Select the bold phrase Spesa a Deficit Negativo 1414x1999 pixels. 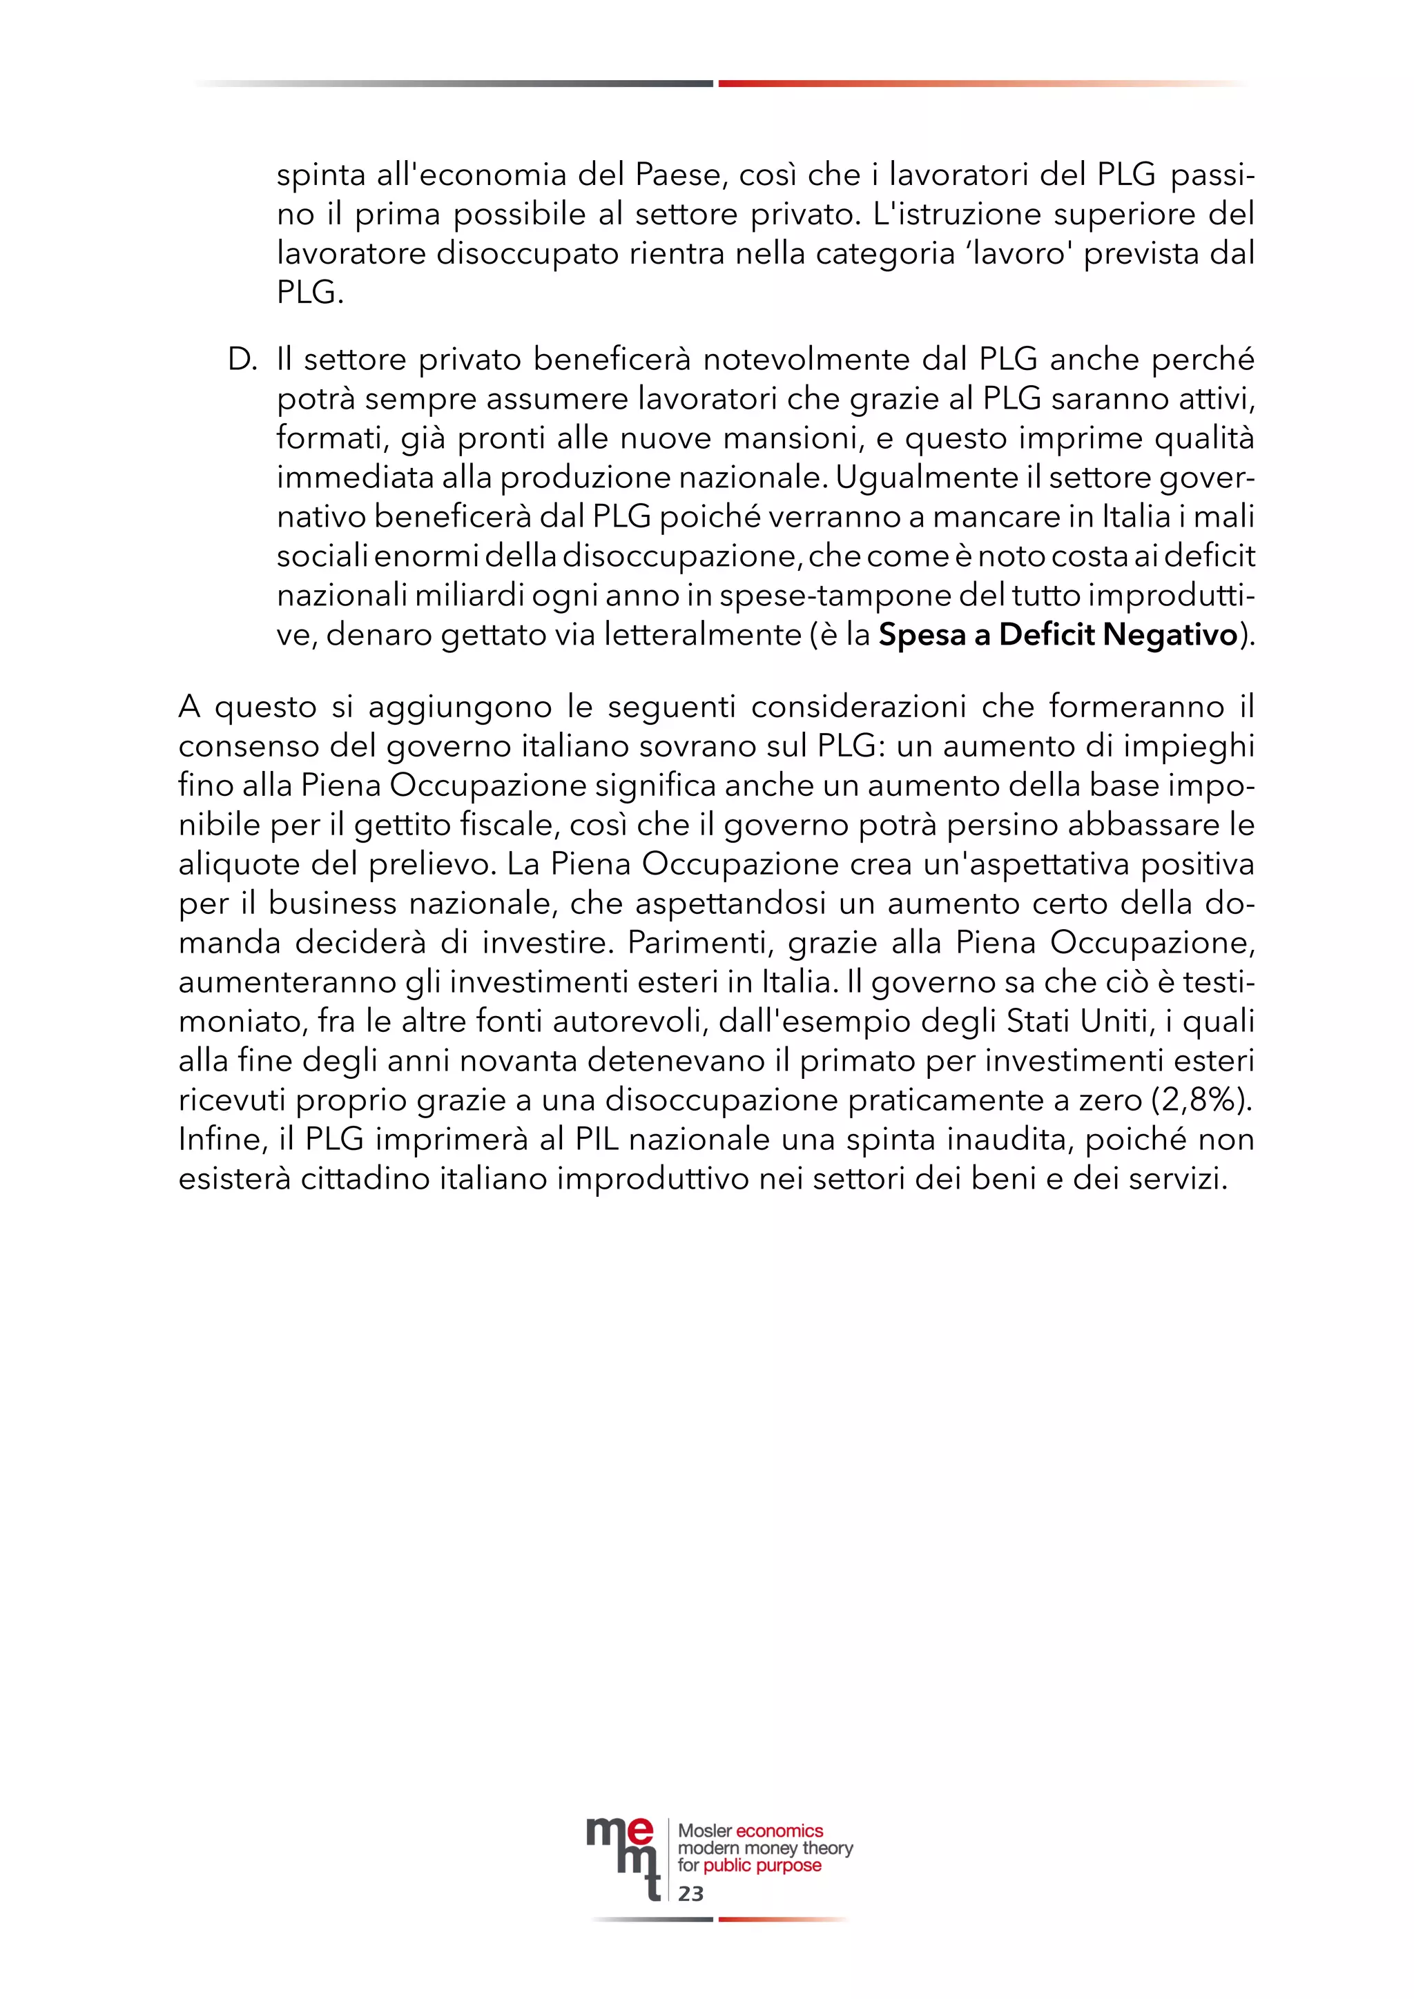click(x=1057, y=635)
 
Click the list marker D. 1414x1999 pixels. click(x=242, y=360)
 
